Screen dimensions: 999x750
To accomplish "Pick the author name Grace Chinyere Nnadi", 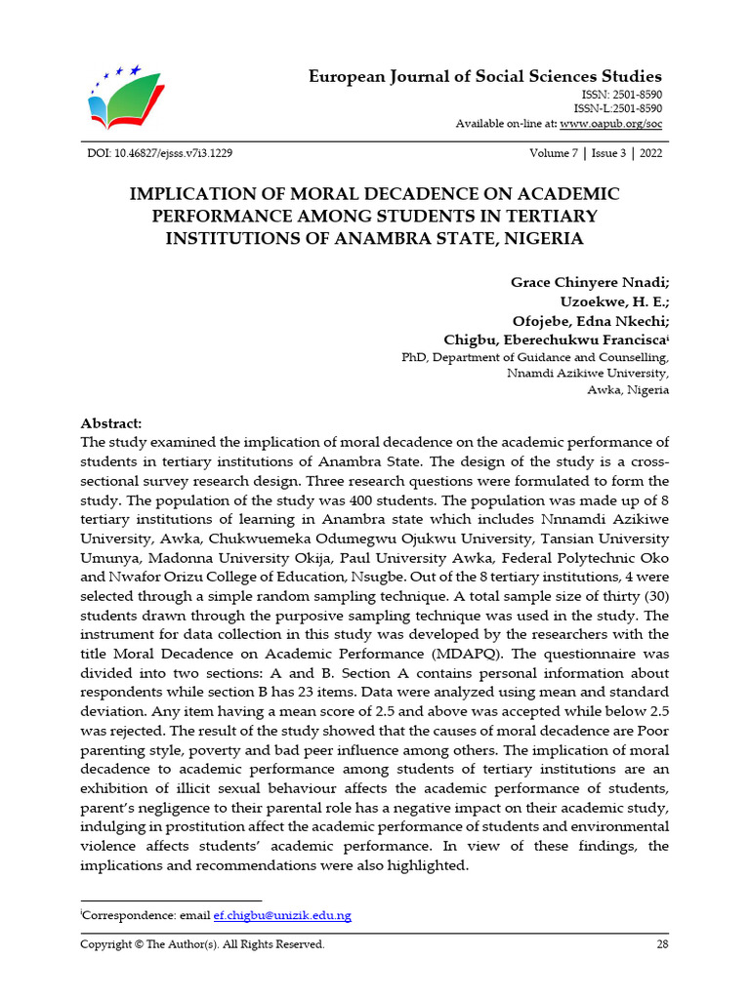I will (x=589, y=282).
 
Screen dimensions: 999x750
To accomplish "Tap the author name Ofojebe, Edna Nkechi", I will (x=590, y=320).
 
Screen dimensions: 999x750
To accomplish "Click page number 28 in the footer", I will (x=662, y=944).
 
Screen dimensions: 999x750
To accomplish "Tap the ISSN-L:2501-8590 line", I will (x=617, y=108).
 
